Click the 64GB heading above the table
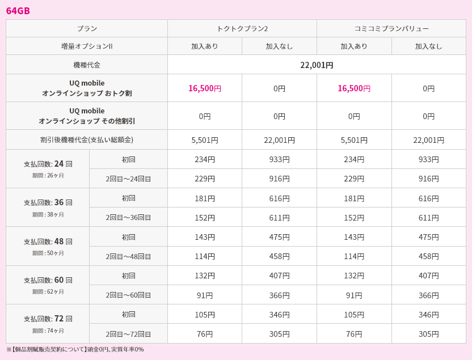18,11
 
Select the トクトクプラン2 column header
242,28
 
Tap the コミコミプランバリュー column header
391,28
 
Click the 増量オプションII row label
87,46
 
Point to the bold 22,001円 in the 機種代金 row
317,65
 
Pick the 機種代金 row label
87,65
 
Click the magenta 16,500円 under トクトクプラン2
205,88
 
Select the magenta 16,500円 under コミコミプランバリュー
354,88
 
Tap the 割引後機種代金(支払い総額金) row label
87,139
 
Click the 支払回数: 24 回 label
48,164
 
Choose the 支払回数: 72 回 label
48,319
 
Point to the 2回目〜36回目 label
128,218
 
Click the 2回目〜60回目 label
128,295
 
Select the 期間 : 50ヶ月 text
48,253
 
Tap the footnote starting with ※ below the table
75,349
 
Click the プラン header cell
87,28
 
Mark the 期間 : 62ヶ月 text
48,291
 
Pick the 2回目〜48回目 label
128,256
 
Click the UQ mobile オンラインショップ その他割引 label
87,116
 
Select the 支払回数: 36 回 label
48,202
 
